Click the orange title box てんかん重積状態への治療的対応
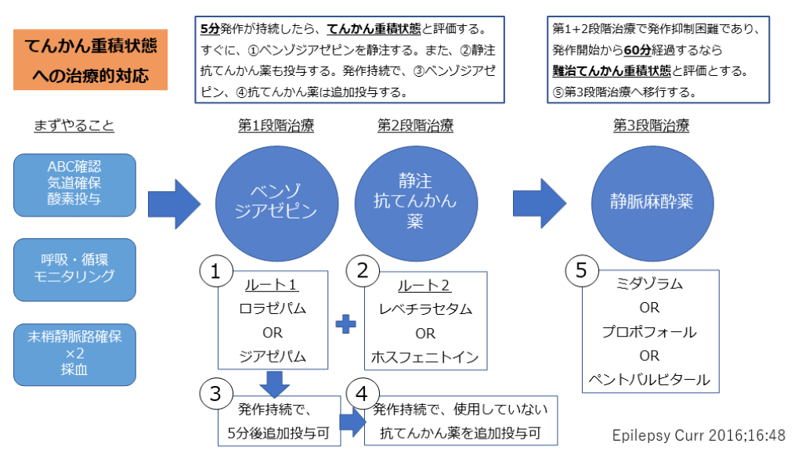pyautogui.click(x=90, y=60)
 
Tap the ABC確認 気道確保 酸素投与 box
pyautogui.click(x=75, y=185)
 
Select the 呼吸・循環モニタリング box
pyautogui.click(x=75, y=269)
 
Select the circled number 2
pyautogui.click(x=363, y=272)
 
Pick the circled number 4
pyautogui.click(x=362, y=393)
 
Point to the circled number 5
pyautogui.click(x=580, y=272)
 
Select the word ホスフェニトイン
pyautogui.click(x=425, y=359)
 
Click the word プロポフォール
pyautogui.click(x=649, y=332)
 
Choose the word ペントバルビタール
pyautogui.click(x=649, y=381)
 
